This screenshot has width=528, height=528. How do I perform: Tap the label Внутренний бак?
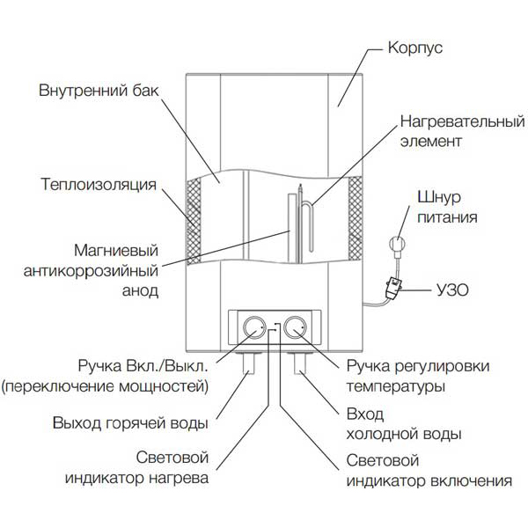point(97,92)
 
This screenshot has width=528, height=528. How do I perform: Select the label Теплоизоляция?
point(99,186)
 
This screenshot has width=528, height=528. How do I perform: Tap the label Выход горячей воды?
point(130,422)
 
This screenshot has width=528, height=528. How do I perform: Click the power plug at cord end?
point(398,239)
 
